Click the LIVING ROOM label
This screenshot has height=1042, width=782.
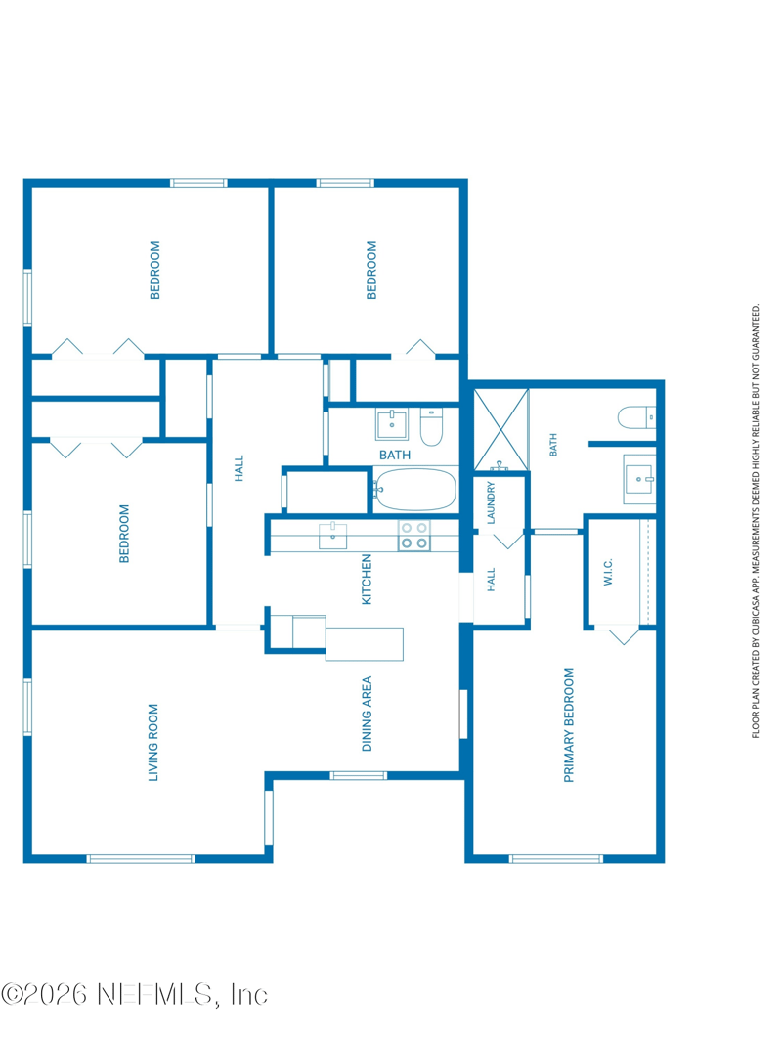153,742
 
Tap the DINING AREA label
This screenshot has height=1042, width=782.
367,714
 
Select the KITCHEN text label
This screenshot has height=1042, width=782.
367,580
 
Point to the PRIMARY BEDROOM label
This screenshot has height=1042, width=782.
569,725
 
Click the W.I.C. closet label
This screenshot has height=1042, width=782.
608,572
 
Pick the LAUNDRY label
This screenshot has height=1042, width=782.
491,502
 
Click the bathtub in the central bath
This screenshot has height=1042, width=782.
414,490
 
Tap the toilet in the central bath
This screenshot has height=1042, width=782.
431,427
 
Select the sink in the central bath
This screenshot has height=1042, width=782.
392,424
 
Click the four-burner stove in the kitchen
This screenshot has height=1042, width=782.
413,536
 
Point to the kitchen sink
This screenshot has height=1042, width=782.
332,536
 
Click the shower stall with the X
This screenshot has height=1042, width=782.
500,429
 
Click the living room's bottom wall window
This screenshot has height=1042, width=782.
141,859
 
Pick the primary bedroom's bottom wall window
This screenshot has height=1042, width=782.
556,859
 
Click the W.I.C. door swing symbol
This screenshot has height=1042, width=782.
624,634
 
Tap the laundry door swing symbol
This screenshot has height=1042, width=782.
508,540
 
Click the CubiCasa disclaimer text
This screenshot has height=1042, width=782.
756,521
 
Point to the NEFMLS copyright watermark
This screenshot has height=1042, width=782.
135,995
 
